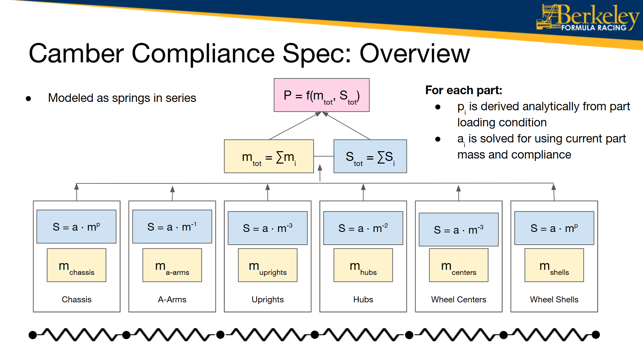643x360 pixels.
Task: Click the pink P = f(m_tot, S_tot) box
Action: [x=321, y=95]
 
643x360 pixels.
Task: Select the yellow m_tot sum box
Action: [x=269, y=157]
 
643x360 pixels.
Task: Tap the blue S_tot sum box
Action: [x=370, y=157]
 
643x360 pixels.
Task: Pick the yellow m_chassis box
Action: [x=76, y=265]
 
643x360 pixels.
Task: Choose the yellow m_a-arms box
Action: [x=172, y=265]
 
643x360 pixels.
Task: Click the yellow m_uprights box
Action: [x=267, y=265]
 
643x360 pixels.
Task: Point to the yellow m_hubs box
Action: [x=363, y=265]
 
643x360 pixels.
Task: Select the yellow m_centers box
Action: [x=458, y=265]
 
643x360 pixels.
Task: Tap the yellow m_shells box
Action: [x=554, y=265]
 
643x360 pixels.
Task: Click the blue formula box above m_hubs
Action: [x=363, y=228]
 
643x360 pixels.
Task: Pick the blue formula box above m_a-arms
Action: [x=172, y=227]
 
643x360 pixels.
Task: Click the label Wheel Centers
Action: [x=458, y=299]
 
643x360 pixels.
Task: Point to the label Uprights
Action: [x=267, y=299]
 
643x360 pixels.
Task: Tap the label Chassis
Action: [x=76, y=299]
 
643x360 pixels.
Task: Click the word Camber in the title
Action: [x=76, y=53]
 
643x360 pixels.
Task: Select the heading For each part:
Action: [x=463, y=90]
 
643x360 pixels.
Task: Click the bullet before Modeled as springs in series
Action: [x=28, y=99]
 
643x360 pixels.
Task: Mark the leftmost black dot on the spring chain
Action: [x=33, y=335]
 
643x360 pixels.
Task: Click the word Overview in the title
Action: [x=414, y=53]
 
